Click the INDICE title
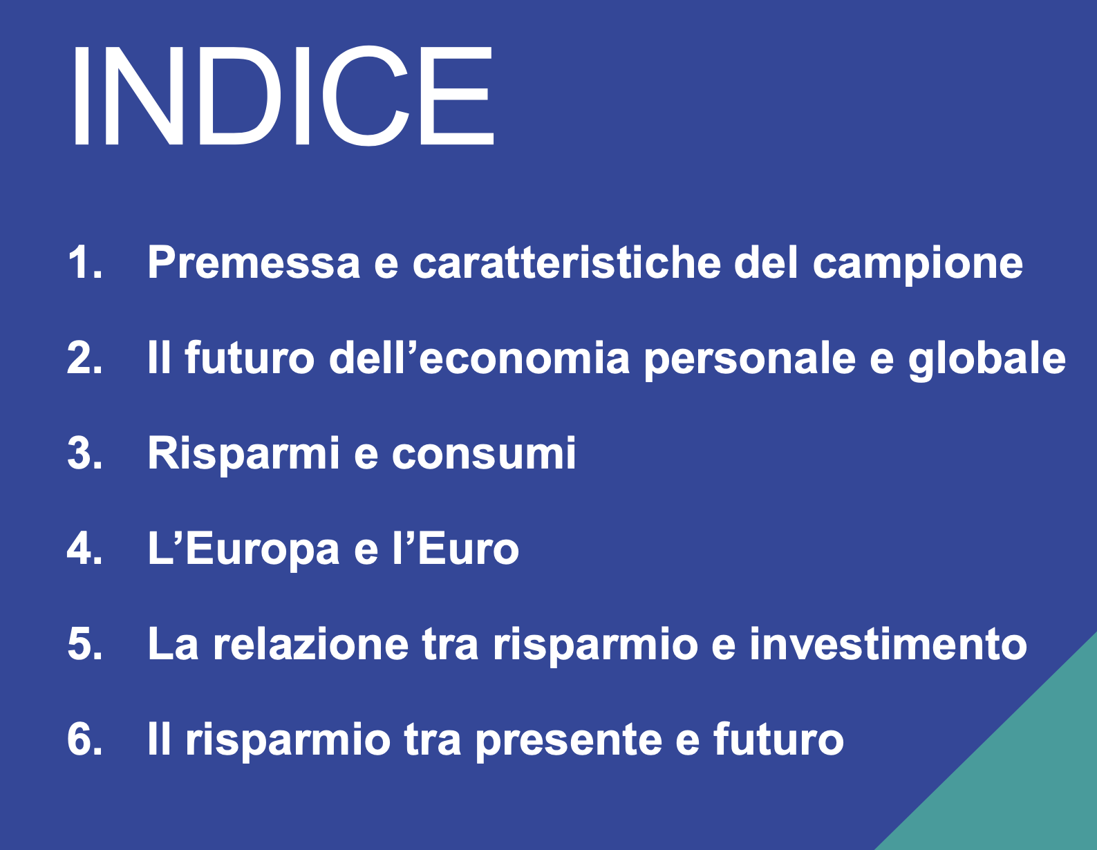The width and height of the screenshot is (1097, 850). point(282,95)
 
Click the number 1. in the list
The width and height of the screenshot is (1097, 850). point(85,263)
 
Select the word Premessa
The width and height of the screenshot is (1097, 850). point(254,263)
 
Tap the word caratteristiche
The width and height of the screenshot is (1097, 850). point(566,263)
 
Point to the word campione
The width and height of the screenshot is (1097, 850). point(917,264)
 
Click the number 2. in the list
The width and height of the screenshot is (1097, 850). point(85,358)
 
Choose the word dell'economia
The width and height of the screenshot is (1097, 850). point(479,358)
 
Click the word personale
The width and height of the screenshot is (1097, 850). point(750,359)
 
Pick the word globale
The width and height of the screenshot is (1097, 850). point(986,359)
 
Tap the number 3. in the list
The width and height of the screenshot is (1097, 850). point(85,453)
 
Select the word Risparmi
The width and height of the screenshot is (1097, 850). point(243,455)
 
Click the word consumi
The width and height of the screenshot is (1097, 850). point(483,453)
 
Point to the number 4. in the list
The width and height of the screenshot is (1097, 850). point(85,549)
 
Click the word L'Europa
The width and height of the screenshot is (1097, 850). point(243,550)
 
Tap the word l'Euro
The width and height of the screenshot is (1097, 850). point(456,549)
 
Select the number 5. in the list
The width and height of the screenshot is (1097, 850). point(85,644)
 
